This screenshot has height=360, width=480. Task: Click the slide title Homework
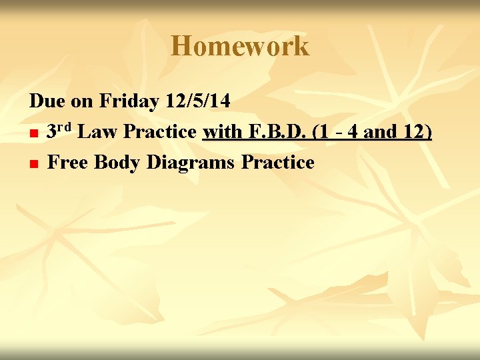point(240,47)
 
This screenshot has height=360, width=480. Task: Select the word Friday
point(129,101)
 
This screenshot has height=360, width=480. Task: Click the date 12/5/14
point(199,101)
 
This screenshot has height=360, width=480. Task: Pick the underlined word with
point(223,132)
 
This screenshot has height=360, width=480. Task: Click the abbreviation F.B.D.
point(276,132)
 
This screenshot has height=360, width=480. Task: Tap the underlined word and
point(381,132)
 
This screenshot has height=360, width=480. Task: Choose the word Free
point(69,162)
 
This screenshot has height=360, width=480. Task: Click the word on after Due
point(81,101)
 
